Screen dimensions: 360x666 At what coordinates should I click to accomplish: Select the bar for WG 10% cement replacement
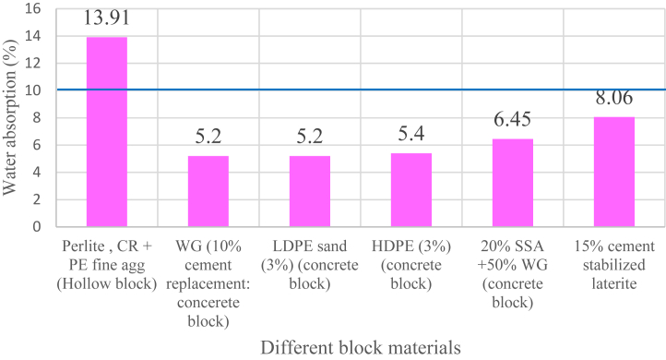pos(208,191)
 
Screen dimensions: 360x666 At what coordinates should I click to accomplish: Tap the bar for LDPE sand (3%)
pos(309,191)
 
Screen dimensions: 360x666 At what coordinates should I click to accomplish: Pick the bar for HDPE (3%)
pos(410,189)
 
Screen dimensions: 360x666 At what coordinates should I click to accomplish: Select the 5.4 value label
pos(410,135)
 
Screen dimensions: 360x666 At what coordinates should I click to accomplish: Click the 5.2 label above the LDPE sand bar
pos(309,137)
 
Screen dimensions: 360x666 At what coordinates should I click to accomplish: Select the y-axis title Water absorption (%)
pos(11,115)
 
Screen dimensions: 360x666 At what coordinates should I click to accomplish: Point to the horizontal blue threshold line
pos(360,90)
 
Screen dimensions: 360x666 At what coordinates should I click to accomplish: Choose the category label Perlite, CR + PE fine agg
pos(106,259)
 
